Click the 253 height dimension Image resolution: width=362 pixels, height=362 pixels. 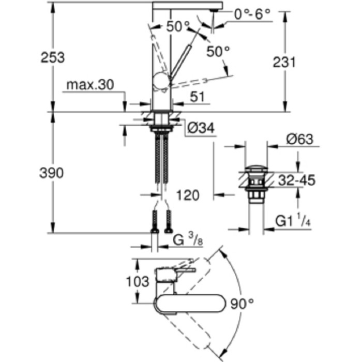52,57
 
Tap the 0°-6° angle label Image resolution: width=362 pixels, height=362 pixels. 252,14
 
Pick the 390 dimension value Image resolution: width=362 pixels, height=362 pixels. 52,173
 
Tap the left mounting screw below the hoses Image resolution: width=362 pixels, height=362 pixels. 155,221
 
